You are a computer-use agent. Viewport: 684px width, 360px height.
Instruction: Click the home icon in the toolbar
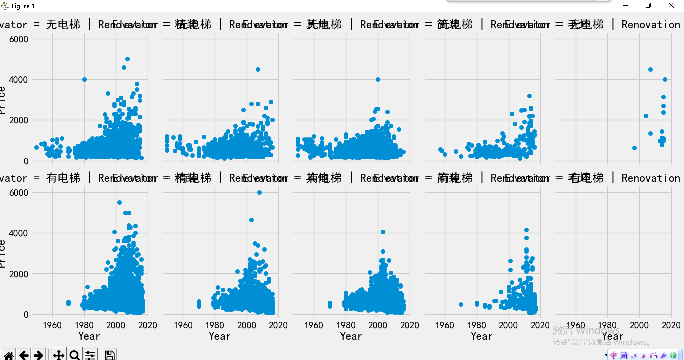(x=9, y=355)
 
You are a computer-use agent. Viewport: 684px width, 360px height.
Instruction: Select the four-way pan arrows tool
(x=58, y=355)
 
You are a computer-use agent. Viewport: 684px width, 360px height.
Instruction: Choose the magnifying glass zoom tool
(x=74, y=355)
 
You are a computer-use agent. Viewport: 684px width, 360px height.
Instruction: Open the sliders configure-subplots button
(x=90, y=355)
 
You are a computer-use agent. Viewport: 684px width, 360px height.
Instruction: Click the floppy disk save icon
(x=110, y=355)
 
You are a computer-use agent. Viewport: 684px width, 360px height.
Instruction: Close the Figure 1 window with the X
(x=671, y=6)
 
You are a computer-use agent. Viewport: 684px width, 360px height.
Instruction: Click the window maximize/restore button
(x=648, y=6)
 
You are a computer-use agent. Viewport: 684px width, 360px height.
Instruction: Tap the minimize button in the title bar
(x=625, y=6)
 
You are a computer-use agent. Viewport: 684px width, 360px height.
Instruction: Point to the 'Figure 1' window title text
(x=23, y=6)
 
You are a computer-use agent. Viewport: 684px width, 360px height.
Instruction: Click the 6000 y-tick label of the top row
(x=18, y=39)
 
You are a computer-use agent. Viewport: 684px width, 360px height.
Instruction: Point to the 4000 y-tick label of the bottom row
(x=18, y=233)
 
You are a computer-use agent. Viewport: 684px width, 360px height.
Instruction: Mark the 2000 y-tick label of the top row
(x=18, y=120)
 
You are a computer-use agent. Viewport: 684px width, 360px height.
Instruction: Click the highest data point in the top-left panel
(x=127, y=59)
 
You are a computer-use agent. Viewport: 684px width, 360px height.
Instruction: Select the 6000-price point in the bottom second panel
(x=259, y=192)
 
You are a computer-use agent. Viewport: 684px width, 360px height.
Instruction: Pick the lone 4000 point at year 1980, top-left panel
(x=84, y=79)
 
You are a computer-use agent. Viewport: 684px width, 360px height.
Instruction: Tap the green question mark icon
(x=673, y=355)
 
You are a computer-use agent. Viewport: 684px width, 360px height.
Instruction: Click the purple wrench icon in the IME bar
(x=664, y=355)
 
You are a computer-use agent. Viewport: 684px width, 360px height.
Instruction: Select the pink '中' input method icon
(x=614, y=355)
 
